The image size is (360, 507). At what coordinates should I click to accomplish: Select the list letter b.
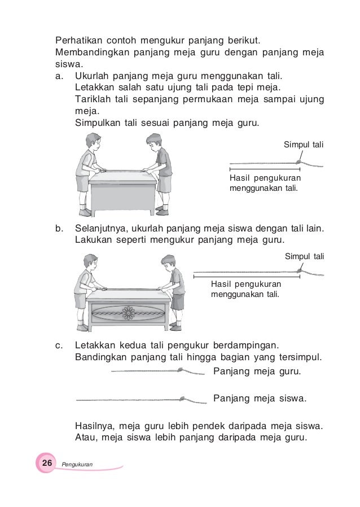tap(59, 229)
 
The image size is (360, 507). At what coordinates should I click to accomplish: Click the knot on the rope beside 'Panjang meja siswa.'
tap(183, 399)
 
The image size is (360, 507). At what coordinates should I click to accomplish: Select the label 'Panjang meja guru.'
tap(257, 371)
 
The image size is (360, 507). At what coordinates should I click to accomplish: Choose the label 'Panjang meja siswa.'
tap(260, 399)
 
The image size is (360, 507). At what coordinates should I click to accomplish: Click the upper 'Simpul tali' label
tap(304, 145)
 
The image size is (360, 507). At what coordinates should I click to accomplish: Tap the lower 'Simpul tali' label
tap(304, 256)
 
